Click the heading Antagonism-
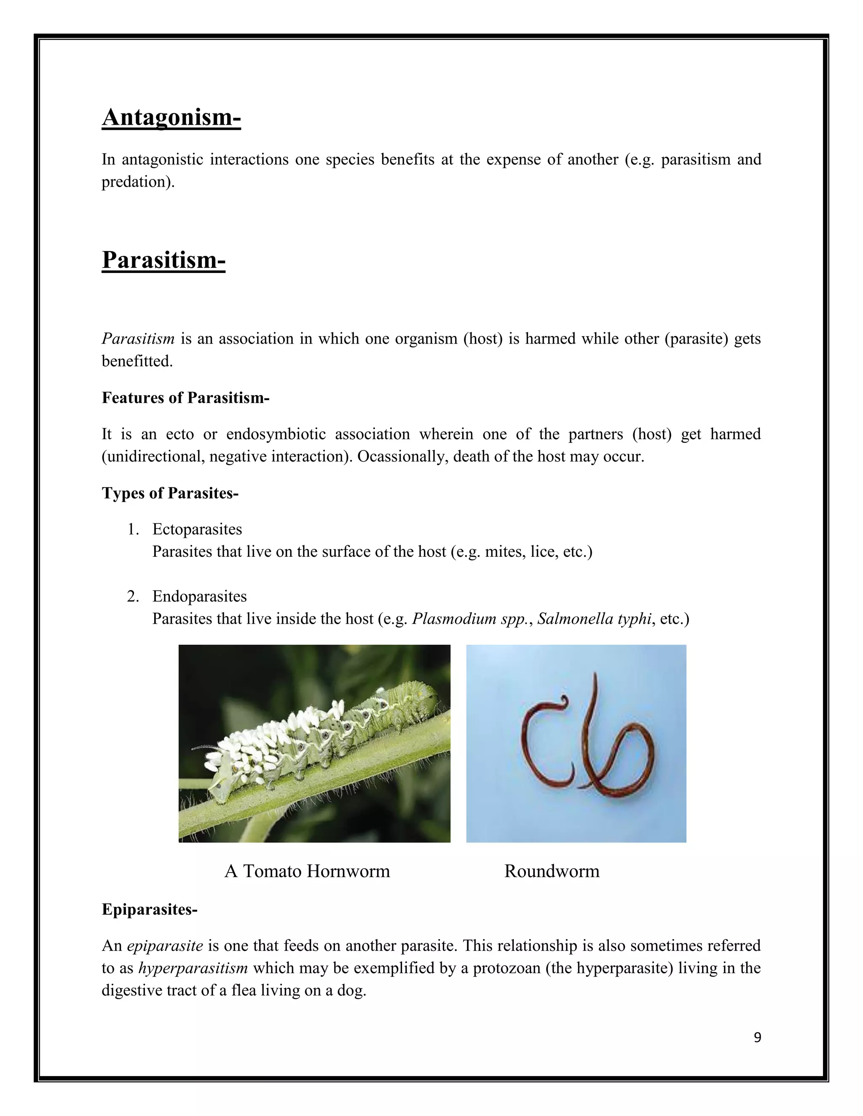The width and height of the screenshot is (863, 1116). (171, 117)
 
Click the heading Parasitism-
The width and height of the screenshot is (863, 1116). (163, 259)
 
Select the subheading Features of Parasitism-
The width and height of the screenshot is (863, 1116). (185, 398)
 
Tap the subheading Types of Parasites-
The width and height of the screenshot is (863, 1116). (170, 493)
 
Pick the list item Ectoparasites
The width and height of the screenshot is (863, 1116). (197, 529)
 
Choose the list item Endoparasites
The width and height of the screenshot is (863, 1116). (199, 596)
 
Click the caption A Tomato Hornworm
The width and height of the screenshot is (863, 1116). (307, 871)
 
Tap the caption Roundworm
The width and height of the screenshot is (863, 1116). (552, 871)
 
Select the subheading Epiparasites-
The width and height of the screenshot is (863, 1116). (149, 910)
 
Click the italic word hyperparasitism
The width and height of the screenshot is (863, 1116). (193, 968)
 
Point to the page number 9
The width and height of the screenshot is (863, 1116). (757, 1037)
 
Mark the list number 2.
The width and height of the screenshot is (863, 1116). (132, 596)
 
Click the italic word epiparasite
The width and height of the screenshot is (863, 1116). (165, 945)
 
